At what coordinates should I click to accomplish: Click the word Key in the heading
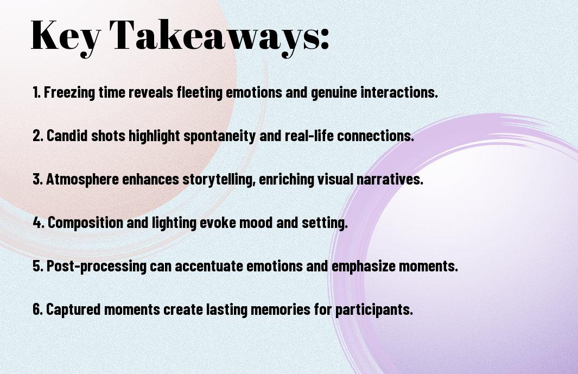(x=65, y=35)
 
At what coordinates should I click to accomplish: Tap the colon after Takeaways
(x=325, y=39)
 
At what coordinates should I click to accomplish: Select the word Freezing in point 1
(x=69, y=92)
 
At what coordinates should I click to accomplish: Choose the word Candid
(x=67, y=135)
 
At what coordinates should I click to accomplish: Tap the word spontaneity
(x=219, y=136)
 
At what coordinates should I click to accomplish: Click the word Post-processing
(x=97, y=266)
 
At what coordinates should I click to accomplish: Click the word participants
(x=374, y=309)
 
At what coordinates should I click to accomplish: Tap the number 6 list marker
(x=38, y=309)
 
